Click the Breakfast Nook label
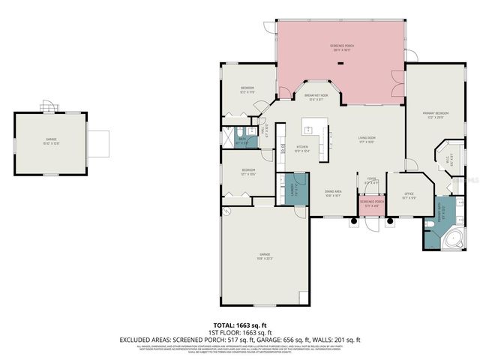pyautogui.click(x=317, y=97)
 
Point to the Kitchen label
pyautogui.click(x=302, y=148)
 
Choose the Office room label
pyautogui.click(x=409, y=197)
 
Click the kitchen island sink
pyautogui.click(x=328, y=136)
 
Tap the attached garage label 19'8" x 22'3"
pyautogui.click(x=265, y=256)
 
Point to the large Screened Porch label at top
pyautogui.click(x=341, y=48)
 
